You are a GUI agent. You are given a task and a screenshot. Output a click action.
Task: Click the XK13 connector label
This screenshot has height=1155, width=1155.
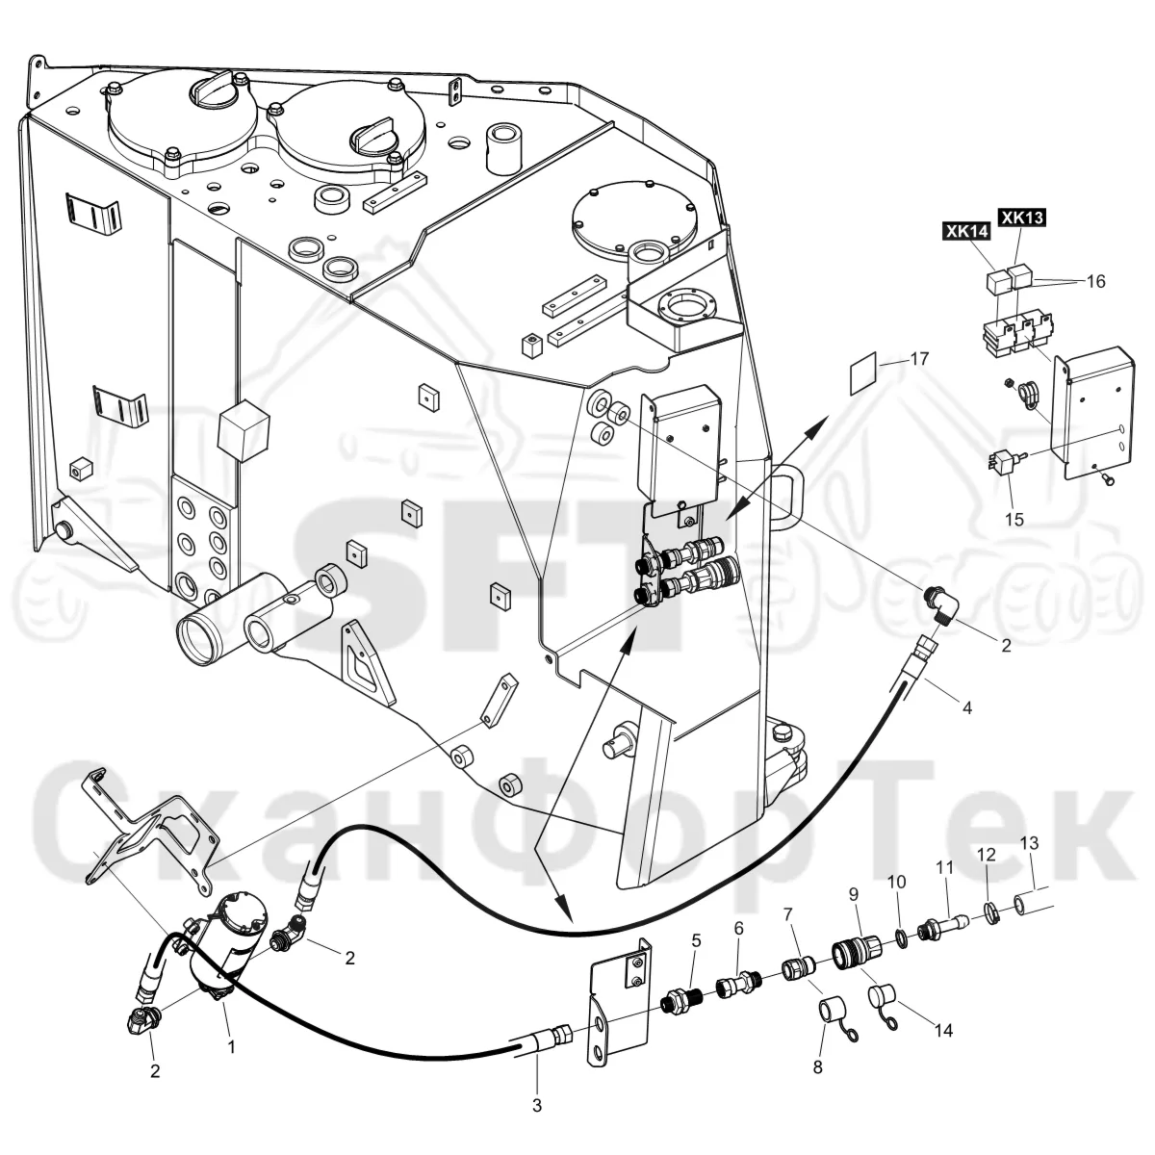pos(1022,218)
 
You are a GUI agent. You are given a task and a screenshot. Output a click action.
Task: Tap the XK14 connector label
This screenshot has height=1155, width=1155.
pos(966,231)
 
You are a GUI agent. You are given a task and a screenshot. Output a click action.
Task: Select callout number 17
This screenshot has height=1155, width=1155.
pos(919,358)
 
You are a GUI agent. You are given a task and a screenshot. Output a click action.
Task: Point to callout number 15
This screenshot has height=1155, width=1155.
pos(1014,519)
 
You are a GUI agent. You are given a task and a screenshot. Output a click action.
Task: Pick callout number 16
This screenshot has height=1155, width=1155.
pos(1095,281)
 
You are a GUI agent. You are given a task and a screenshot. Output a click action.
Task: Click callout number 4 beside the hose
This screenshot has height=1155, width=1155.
pos(966,707)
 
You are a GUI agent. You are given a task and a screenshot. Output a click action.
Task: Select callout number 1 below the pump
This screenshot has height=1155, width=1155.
pos(231,1047)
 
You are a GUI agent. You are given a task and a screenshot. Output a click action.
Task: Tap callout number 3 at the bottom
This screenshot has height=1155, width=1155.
pos(537,1105)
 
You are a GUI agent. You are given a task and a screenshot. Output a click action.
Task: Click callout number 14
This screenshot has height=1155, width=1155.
pos(944,1030)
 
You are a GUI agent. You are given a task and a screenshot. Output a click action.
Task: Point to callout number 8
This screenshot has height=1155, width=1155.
pos(817,1067)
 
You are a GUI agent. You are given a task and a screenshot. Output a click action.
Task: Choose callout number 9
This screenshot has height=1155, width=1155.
pos(854,894)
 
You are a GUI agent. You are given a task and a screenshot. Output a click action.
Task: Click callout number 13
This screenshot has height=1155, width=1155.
pos(1029,843)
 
